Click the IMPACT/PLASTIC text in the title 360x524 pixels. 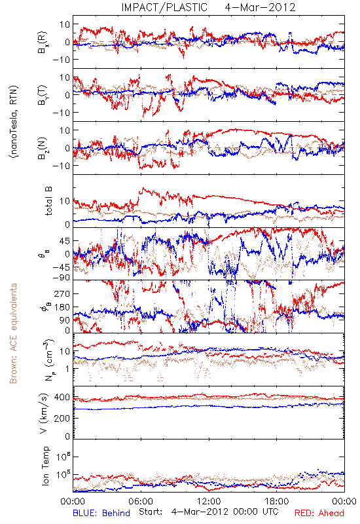pos(164,7)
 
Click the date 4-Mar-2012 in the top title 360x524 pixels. pos(260,7)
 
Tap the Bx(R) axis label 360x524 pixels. pos(43,42)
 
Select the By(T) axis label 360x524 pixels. pos(43,95)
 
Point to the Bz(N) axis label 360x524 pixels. pos(43,148)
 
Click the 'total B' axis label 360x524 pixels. pos(48,201)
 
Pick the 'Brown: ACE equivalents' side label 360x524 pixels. pos(13,333)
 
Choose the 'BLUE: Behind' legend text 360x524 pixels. pos(101,513)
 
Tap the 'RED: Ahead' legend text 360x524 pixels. pos(319,513)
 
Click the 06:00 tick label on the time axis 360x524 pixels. pos(141,501)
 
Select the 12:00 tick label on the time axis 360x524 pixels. pos(209,501)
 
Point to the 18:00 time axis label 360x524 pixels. pos(277,501)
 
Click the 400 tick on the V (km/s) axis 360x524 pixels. pos(62,398)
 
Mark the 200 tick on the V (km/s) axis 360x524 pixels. pos(62,418)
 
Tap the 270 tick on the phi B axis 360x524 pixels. pos(62,293)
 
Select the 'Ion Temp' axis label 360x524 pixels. pos(45,466)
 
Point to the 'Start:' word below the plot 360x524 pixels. pos(151,512)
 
